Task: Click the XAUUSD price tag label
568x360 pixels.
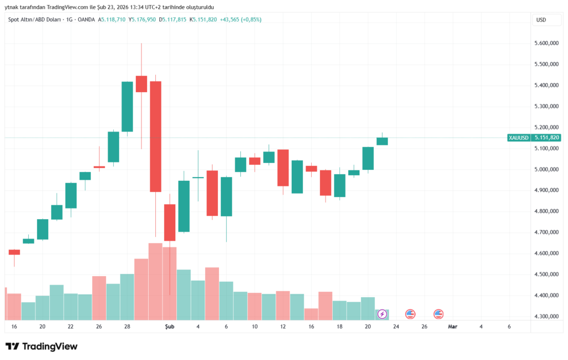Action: point(518,138)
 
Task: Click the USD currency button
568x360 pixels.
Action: point(541,19)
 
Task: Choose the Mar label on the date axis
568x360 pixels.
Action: point(453,327)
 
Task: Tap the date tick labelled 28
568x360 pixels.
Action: point(127,327)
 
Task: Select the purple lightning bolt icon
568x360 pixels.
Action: point(382,315)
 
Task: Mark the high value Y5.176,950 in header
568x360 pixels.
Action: point(142,19)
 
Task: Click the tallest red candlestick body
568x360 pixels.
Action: point(155,136)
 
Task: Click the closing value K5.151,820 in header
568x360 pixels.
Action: point(203,19)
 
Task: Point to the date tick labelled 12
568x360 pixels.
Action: point(283,327)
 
